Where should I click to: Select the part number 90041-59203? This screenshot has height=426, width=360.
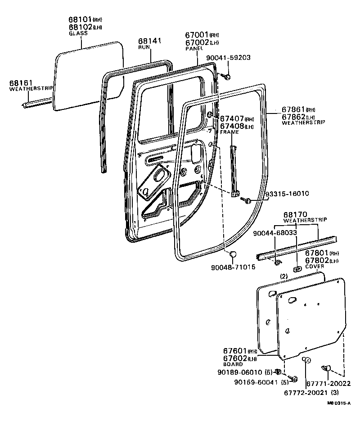click(x=228, y=58)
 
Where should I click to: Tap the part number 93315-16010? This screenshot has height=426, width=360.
click(x=287, y=194)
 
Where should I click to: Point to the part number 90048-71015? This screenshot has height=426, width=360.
click(x=233, y=267)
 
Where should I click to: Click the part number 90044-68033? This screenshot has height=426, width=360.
click(x=274, y=233)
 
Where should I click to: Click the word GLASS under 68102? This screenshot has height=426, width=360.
click(x=77, y=33)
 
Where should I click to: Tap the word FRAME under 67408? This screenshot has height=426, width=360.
click(x=229, y=132)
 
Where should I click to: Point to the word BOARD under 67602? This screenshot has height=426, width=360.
click(x=233, y=364)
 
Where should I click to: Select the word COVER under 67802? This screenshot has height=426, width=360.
click(x=315, y=267)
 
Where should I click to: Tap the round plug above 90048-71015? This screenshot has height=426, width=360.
click(x=233, y=255)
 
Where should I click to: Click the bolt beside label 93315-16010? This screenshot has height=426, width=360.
click(x=247, y=199)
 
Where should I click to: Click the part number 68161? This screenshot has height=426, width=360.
click(x=19, y=83)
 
